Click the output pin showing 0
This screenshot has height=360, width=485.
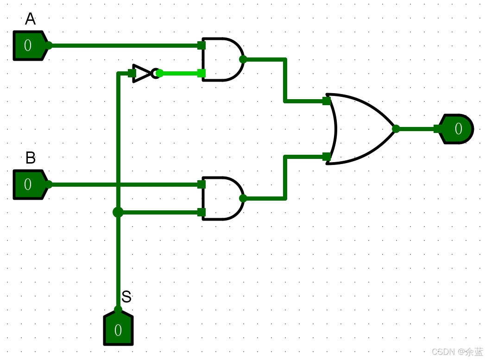point(458,129)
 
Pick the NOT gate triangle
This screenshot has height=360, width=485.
point(142,73)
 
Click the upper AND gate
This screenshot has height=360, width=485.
point(221,59)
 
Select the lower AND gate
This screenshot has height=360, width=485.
point(221,198)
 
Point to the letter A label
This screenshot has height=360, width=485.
point(30,19)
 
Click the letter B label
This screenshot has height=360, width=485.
point(30,158)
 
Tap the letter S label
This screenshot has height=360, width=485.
point(126,297)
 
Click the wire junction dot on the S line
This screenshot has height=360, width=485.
point(118,212)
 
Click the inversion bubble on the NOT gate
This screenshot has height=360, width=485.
point(155,73)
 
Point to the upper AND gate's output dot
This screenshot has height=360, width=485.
point(243,59)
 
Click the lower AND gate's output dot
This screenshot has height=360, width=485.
point(243,198)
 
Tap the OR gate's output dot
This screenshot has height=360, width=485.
point(396,129)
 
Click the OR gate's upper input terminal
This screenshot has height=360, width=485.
point(327,101)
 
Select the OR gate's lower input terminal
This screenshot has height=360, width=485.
point(327,157)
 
